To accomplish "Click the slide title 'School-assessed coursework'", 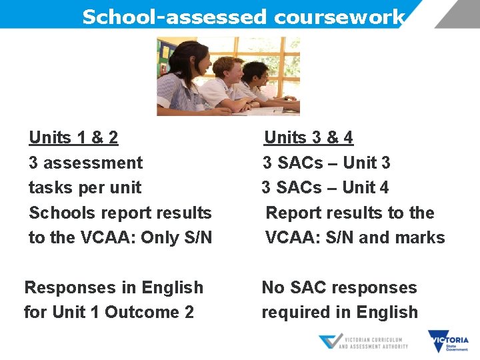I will pyautogui.click(x=243, y=16).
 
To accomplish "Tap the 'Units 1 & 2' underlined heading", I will pyautogui.click(x=73, y=138).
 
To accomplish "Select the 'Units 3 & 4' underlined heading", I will pyautogui.click(x=309, y=138).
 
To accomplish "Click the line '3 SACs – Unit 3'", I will pyautogui.click(x=326, y=163).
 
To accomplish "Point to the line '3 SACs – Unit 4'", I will pyautogui.click(x=325, y=187).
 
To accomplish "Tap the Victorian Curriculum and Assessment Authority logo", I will pyautogui.click(x=363, y=342).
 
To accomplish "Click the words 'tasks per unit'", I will pyautogui.click(x=85, y=187).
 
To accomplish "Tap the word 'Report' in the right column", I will pyautogui.click(x=292, y=213).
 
